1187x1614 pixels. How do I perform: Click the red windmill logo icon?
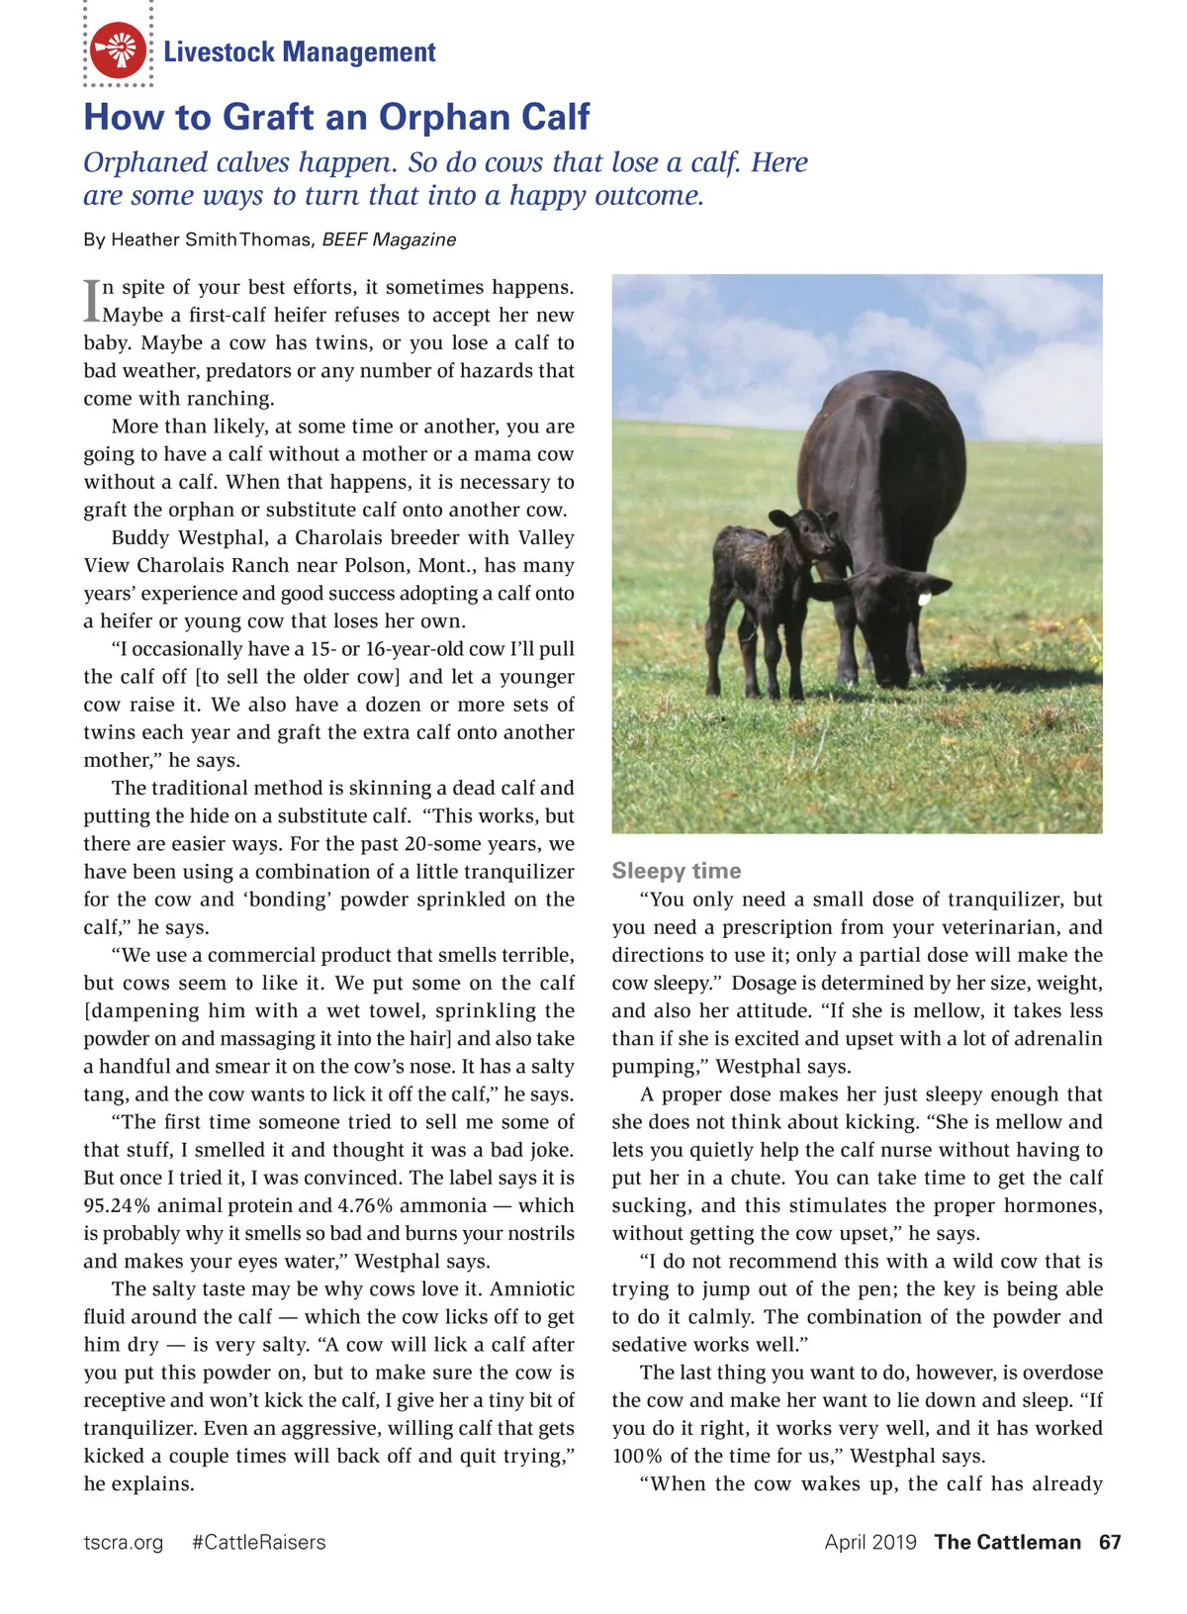(x=118, y=49)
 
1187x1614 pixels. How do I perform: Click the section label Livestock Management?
(x=299, y=51)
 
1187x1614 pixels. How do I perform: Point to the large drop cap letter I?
(x=92, y=300)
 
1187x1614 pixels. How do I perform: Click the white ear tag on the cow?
(x=925, y=598)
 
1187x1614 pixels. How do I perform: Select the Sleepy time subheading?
(x=676, y=870)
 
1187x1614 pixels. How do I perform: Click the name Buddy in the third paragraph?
(x=139, y=537)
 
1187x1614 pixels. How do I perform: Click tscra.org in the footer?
(x=124, y=1542)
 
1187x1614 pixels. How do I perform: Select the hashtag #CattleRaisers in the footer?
(x=258, y=1542)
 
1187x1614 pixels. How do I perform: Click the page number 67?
(x=1110, y=1542)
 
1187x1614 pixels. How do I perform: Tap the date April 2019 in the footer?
(x=870, y=1542)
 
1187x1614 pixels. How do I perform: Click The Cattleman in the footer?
(x=1007, y=1542)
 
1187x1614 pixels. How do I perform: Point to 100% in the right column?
(x=637, y=1456)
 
